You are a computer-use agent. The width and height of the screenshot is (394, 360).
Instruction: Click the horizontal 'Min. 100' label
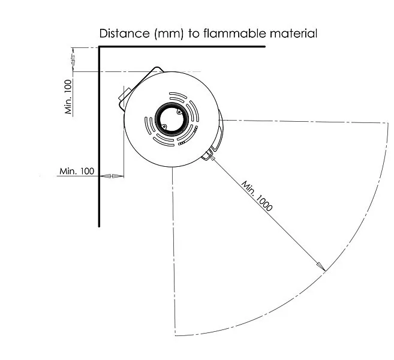click(77, 171)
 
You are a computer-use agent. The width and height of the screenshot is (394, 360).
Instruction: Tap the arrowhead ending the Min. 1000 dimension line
click(321, 268)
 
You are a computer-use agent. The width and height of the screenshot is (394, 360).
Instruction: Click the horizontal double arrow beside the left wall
click(111, 176)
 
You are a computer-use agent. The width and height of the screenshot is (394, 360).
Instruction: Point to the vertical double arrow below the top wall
click(73, 59)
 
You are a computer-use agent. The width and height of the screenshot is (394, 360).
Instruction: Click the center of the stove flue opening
click(171, 119)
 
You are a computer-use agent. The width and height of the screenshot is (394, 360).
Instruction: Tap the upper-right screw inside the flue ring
click(179, 111)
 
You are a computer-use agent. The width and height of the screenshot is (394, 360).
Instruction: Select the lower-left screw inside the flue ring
click(163, 127)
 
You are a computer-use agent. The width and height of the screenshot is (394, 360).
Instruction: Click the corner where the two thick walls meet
click(100, 47)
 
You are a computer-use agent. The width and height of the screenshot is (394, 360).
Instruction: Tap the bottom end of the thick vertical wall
click(100, 226)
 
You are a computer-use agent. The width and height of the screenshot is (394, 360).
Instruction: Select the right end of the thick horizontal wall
click(264, 47)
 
